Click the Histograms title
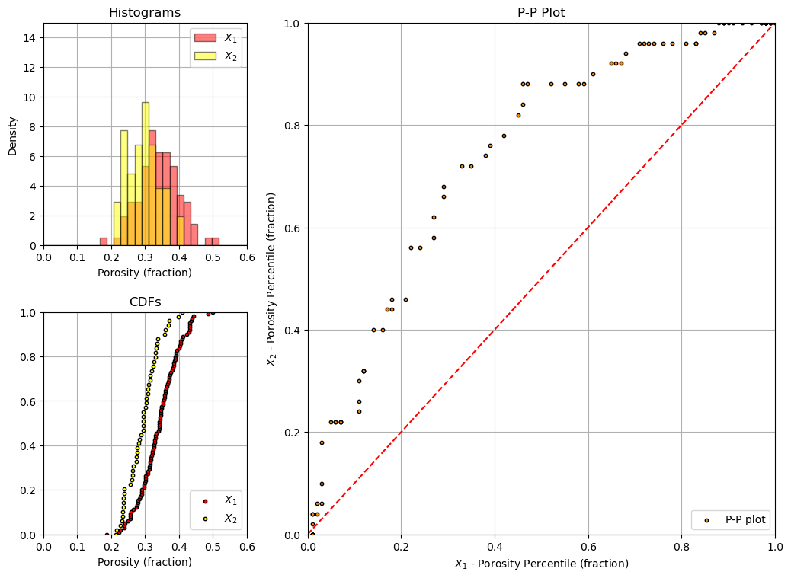[145, 12]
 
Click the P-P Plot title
[541, 12]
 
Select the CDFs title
[146, 302]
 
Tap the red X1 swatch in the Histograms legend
[205, 37]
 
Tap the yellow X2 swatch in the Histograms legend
[205, 56]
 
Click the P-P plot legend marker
[706, 520]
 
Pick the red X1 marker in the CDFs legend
[205, 501]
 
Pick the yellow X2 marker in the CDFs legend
[205, 519]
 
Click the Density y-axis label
[13, 136]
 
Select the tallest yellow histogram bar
[146, 174]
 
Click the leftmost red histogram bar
[104, 241]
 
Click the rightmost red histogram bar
[216, 241]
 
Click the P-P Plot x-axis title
[541, 564]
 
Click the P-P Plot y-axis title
[271, 279]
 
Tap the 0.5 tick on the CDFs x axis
[213, 547]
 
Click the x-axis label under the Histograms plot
[145, 273]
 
